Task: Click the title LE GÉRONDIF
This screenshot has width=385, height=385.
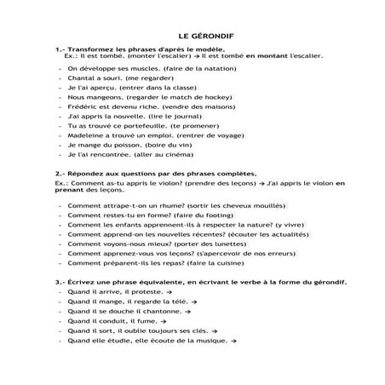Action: pos(192,37)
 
